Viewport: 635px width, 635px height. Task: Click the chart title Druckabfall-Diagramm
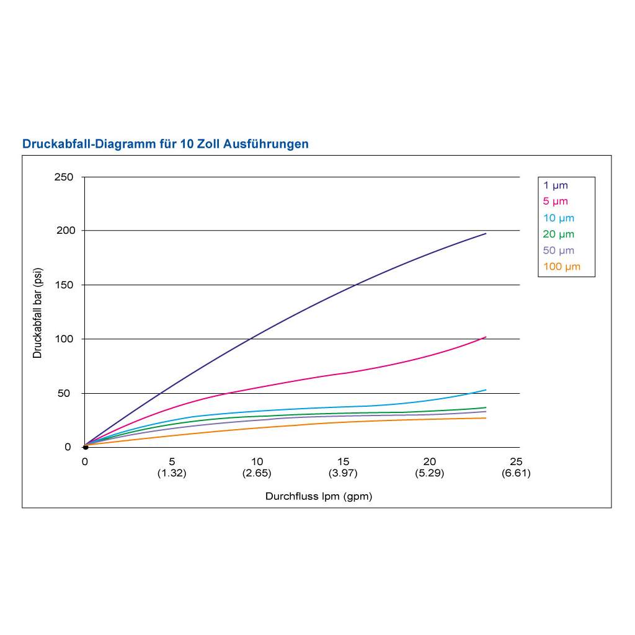165,144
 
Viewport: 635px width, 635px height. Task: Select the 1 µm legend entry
556,185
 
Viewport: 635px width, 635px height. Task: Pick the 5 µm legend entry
556,201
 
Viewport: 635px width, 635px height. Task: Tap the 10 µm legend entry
559,218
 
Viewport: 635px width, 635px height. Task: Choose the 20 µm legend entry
559,234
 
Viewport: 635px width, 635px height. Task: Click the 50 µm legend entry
559,251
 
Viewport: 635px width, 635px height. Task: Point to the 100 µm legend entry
561,267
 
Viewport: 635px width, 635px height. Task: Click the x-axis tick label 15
344,461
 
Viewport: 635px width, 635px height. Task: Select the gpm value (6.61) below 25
516,473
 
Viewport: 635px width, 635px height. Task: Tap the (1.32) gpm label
172,473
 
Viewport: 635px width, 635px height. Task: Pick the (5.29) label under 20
430,473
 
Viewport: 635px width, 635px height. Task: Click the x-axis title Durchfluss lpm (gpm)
319,496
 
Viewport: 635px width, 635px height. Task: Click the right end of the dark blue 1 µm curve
486,234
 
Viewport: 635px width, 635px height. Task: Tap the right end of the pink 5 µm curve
486,337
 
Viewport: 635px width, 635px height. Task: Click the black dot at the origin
86,447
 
